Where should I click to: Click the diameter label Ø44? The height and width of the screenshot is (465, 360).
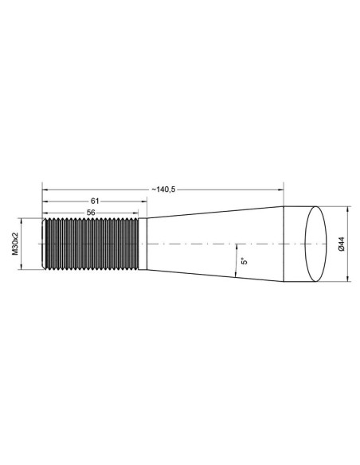340,244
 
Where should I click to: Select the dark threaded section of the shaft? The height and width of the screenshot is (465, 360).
93,244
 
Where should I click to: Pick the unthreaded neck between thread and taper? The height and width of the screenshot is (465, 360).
143,244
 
